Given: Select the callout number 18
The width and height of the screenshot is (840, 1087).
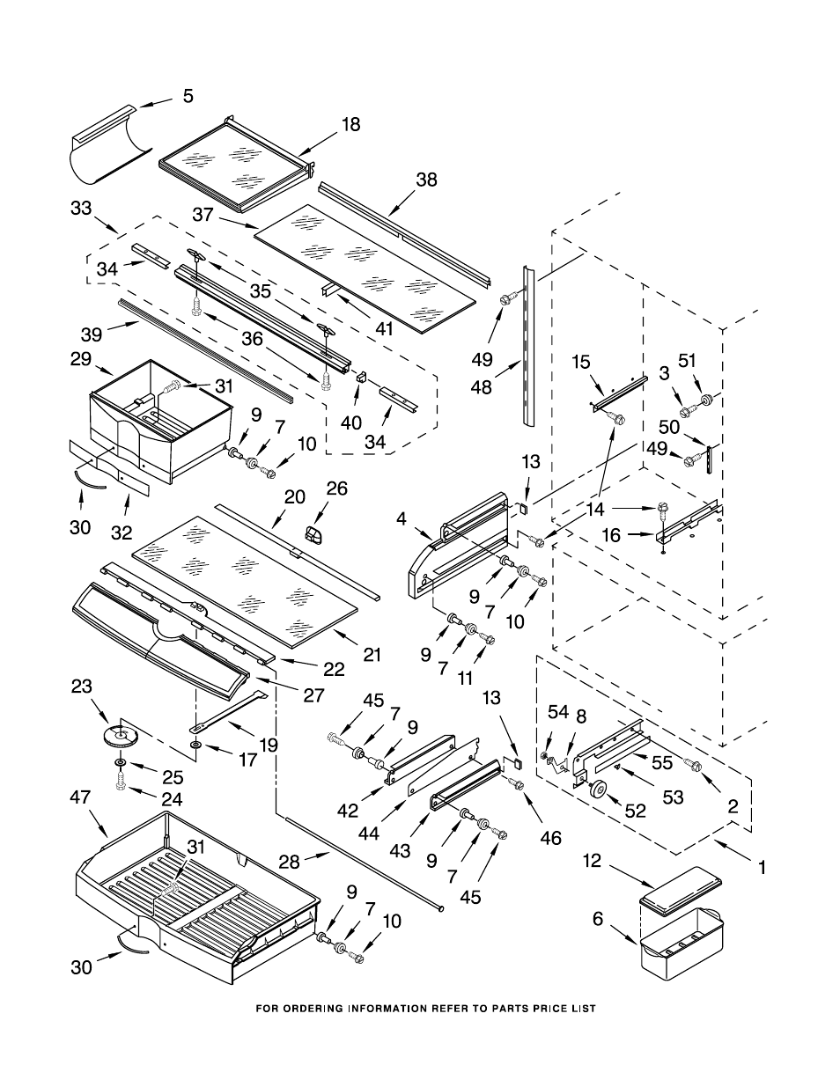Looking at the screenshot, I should [350, 125].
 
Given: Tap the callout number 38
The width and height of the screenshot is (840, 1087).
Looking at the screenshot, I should [426, 180].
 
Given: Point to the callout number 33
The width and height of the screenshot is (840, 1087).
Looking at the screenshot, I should [80, 209].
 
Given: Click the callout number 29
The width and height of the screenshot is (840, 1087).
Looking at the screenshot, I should [80, 358].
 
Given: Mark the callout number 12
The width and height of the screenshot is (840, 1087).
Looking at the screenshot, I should [591, 860].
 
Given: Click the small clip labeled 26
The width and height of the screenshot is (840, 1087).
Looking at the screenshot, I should [313, 533].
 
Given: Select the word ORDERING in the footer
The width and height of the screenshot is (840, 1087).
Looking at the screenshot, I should [328, 1008].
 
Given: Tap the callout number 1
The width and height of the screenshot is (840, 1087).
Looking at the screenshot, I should [762, 867].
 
